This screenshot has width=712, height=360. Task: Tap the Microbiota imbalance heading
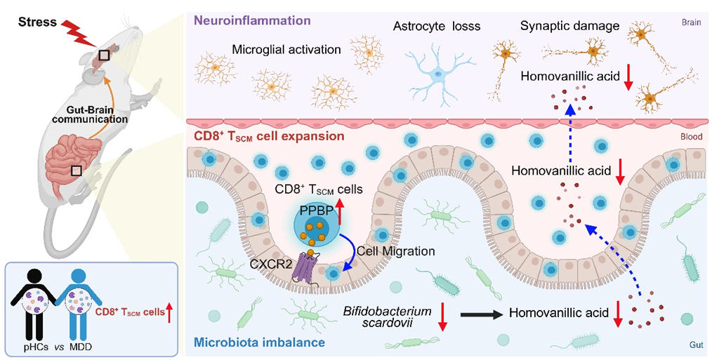click(258, 343)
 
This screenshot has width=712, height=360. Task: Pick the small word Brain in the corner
click(691, 22)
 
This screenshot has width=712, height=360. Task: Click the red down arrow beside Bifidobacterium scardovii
click(442, 316)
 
